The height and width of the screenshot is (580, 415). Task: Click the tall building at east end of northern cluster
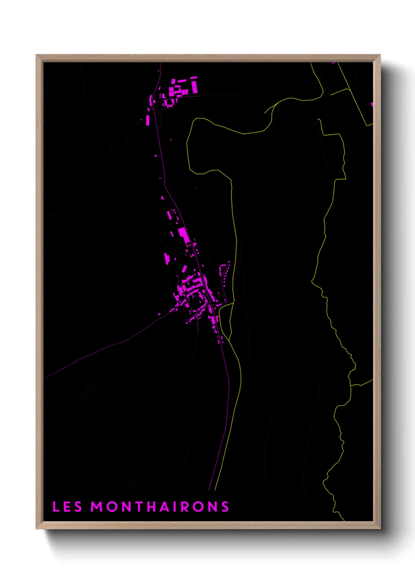click(x=194, y=85)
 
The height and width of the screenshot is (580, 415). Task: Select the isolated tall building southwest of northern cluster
click(x=148, y=119)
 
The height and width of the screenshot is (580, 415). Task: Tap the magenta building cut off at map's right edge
click(x=372, y=104)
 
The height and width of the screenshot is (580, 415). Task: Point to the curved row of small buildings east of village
click(x=224, y=274)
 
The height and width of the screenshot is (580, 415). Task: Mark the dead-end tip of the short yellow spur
click(x=265, y=113)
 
